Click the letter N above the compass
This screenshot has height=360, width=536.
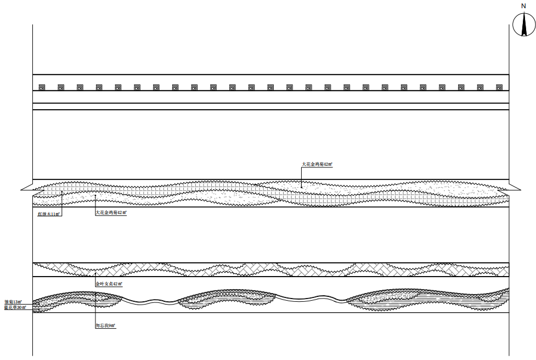coord(523,5)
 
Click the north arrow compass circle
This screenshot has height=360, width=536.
coord(523,24)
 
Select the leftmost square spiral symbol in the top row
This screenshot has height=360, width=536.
coord(42,87)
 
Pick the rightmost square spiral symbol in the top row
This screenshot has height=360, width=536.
coord(499,87)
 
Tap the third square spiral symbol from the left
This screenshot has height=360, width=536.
coord(80,87)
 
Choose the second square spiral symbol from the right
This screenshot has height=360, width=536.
coord(479,87)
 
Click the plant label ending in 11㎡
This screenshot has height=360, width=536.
coord(49,214)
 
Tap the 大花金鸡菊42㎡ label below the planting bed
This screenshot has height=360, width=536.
coord(111,212)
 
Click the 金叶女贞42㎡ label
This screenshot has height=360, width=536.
coord(109,284)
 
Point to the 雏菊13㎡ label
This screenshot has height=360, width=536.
coord(13,302)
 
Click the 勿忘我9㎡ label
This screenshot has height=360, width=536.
coord(105,326)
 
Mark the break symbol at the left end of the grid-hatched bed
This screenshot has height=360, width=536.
coord(27,189)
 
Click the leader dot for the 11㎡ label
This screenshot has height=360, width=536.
coord(61,192)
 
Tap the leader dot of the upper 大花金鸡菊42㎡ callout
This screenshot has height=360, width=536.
coord(301,187)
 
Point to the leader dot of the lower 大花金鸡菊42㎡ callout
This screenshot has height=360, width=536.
coord(95,195)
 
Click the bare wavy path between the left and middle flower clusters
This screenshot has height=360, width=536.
coord(148,301)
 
